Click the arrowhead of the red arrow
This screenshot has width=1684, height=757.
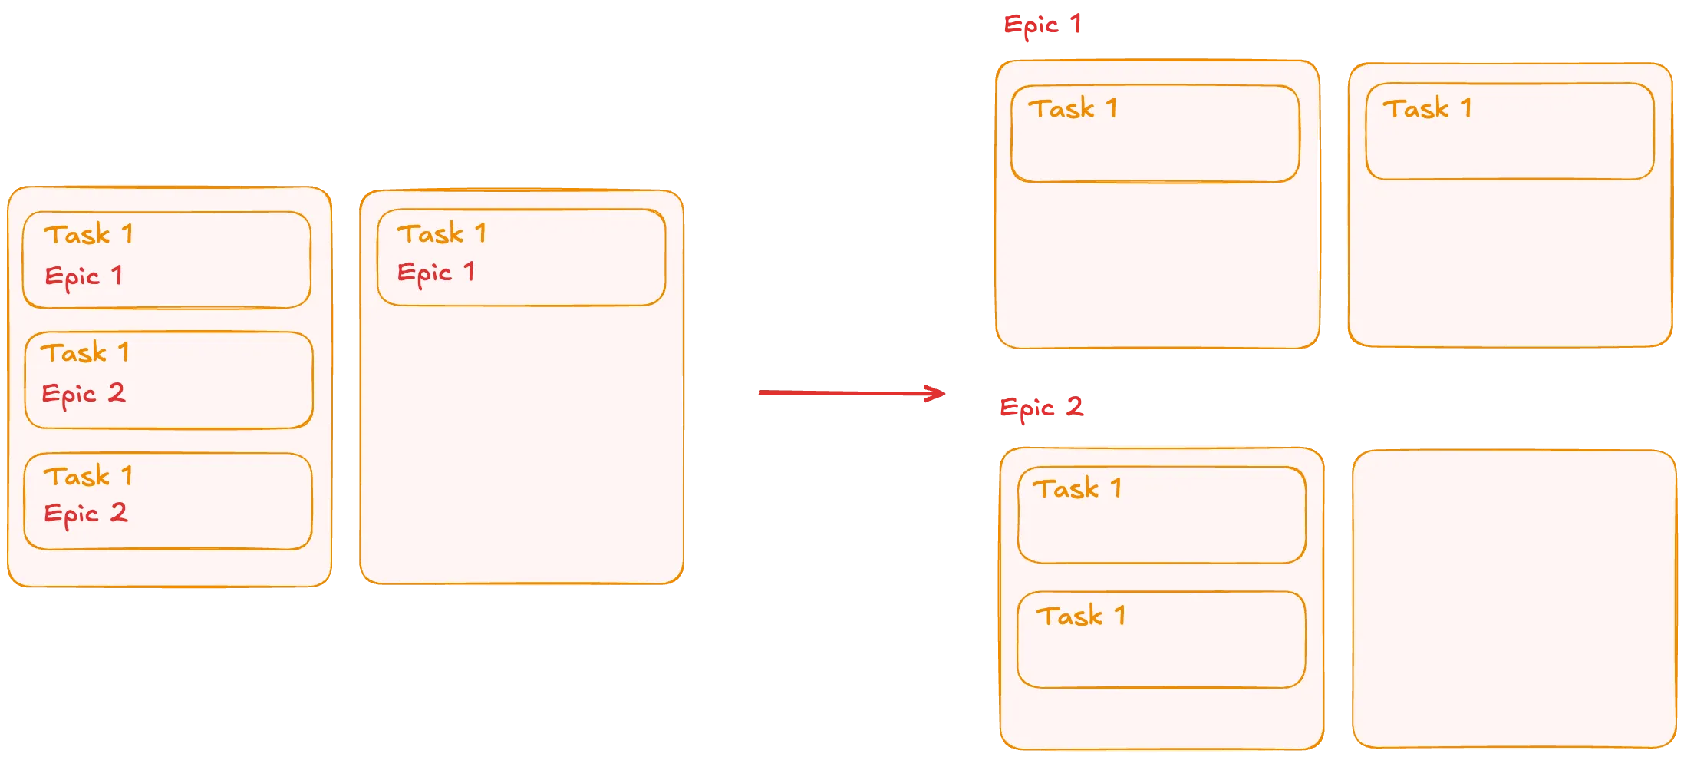(x=942, y=394)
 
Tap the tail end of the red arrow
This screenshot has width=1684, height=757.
(x=759, y=393)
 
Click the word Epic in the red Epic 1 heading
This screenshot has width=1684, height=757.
(x=1030, y=26)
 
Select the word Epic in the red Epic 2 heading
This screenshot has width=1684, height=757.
(x=1027, y=408)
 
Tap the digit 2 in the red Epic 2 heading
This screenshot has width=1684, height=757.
(x=1075, y=405)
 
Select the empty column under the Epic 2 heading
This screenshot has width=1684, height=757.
(x=1513, y=599)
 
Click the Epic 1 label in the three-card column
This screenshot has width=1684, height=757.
(x=84, y=276)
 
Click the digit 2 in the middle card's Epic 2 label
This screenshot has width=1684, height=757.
(x=116, y=393)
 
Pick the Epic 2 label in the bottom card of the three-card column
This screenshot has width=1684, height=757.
(x=85, y=514)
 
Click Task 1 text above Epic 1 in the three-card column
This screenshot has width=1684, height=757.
(x=88, y=234)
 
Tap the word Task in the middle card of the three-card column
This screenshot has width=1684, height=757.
(x=74, y=352)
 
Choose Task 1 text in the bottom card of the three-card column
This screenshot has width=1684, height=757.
(x=88, y=476)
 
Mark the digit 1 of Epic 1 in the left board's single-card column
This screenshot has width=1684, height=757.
(x=469, y=271)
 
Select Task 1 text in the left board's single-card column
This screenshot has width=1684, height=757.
(x=442, y=233)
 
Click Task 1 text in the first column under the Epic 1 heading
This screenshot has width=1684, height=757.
(x=1073, y=108)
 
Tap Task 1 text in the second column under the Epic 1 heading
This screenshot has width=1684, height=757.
(x=1427, y=108)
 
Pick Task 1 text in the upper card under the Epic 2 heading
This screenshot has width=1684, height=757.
(x=1077, y=488)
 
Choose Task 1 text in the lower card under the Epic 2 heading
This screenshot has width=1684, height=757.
(x=1081, y=616)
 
